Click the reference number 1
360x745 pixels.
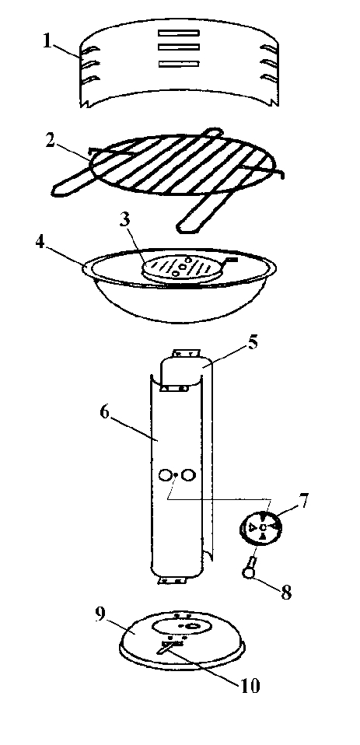pyautogui.click(x=47, y=41)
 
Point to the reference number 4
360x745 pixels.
pyautogui.click(x=41, y=243)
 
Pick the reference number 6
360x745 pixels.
pyautogui.click(x=105, y=411)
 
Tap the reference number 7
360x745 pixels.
pyautogui.click(x=303, y=500)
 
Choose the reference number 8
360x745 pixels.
pyautogui.click(x=286, y=592)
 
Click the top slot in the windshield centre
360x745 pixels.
pyautogui.click(x=179, y=33)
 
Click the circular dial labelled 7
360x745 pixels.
pyautogui.click(x=262, y=527)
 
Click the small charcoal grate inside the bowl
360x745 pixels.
pyautogui.click(x=183, y=268)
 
